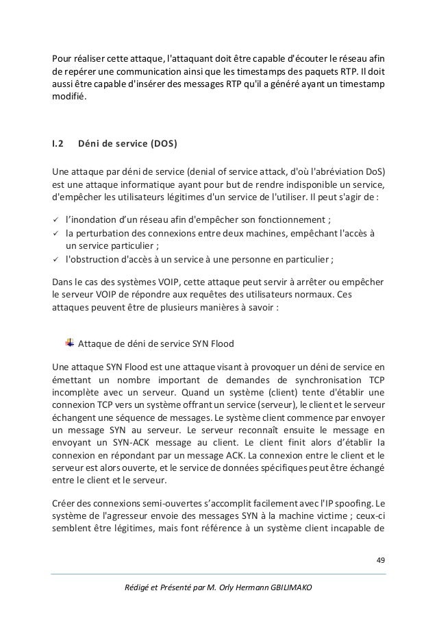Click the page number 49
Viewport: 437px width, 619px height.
[381, 560]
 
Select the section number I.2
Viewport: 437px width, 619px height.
[58, 145]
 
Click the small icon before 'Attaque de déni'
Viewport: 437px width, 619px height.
[69, 343]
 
